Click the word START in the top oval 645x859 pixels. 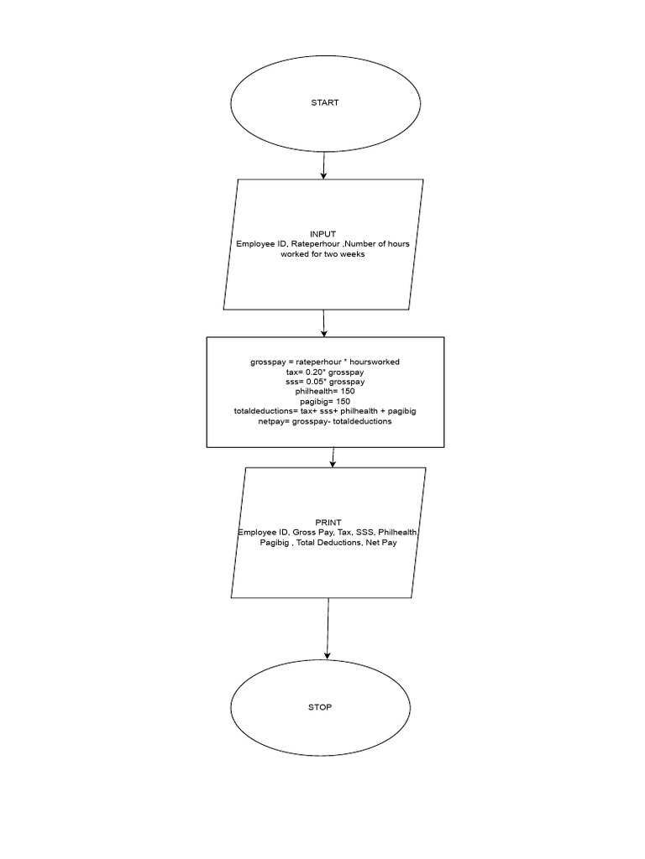tap(325, 103)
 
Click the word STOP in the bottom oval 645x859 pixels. tap(320, 707)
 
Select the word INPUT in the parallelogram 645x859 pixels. tap(322, 234)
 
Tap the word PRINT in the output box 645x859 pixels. tap(328, 523)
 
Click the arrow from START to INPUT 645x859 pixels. tap(323, 164)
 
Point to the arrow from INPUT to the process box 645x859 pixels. tap(323, 323)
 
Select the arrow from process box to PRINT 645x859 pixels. tap(333, 457)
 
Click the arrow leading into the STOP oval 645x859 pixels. tap(328, 628)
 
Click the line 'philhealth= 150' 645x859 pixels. tap(325, 392)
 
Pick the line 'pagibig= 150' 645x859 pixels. tap(325, 402)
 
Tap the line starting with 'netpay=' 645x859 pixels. tap(325, 421)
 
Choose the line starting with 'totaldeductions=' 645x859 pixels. tap(325, 411)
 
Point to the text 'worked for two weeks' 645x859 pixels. tap(322, 254)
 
